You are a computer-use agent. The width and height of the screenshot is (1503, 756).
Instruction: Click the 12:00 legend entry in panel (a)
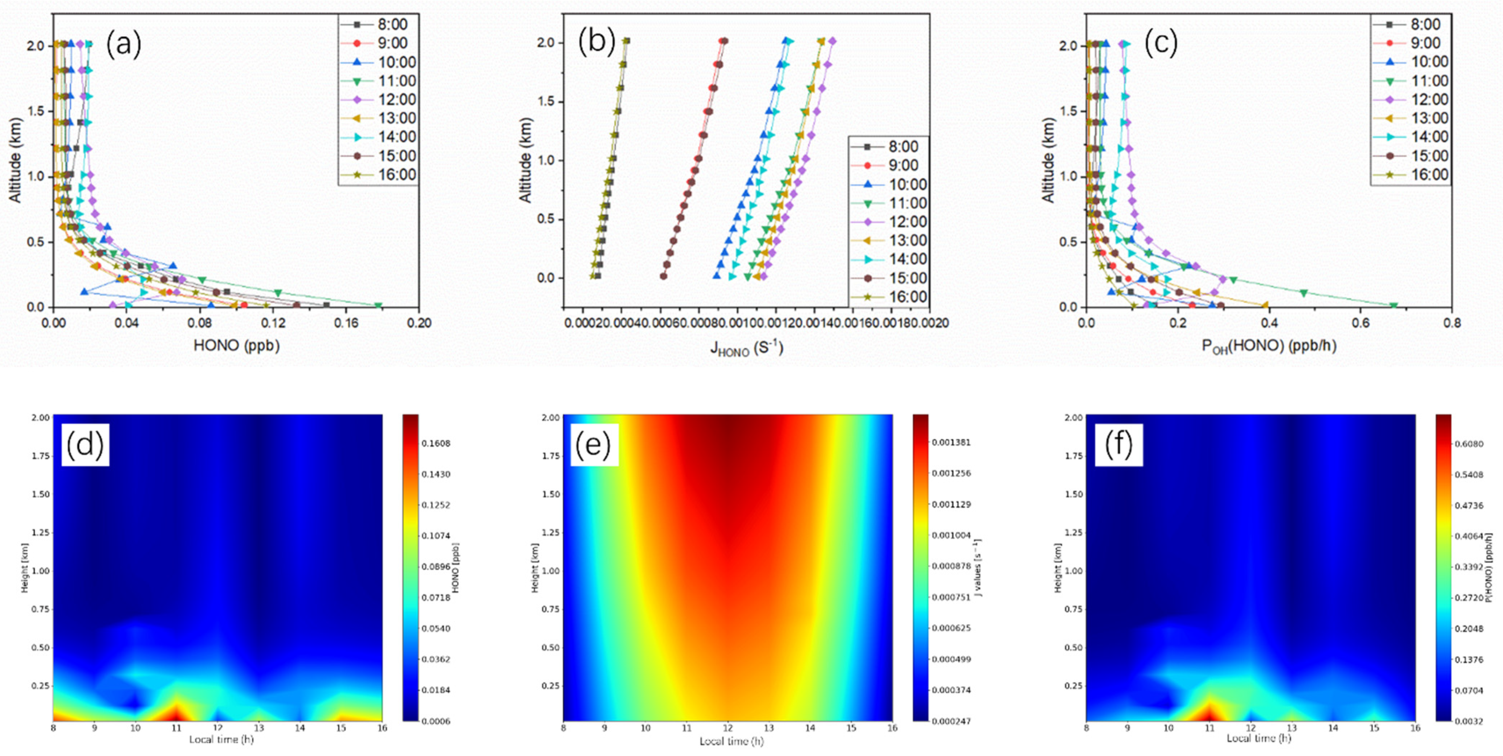tap(397, 99)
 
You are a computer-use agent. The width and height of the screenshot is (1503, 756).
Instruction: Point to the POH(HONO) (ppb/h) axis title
tap(1268, 346)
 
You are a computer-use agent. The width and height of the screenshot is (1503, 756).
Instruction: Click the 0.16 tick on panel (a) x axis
tap(347, 323)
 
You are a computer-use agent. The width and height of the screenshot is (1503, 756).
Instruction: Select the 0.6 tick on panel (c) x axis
tap(1360, 323)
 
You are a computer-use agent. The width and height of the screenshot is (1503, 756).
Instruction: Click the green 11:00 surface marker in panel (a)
tap(378, 306)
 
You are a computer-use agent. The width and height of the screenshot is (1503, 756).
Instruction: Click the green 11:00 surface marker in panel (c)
tap(1393, 306)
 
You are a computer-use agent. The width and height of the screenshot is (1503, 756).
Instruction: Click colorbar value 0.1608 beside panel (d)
tap(436, 443)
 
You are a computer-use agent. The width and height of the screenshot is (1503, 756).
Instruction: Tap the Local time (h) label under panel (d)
tap(221, 739)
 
